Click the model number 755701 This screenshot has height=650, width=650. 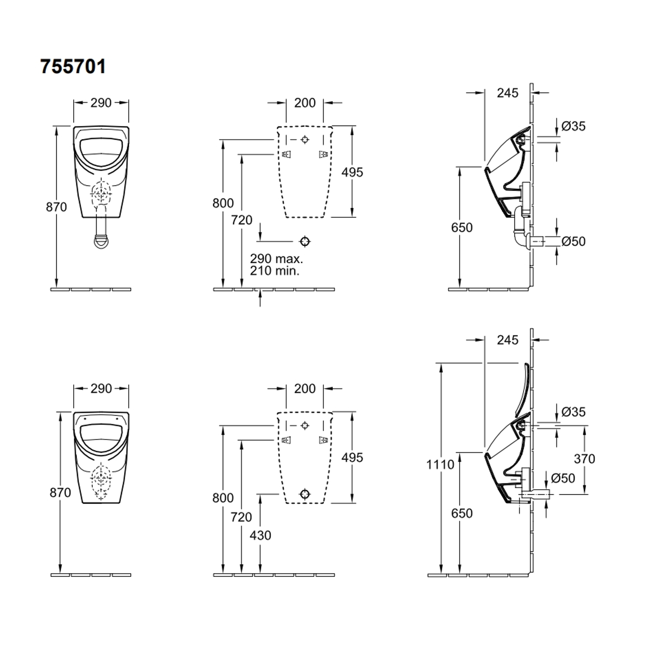(73, 67)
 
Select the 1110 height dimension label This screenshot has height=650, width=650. (440, 465)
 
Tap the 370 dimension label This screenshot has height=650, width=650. (584, 458)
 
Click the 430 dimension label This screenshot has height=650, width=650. (260, 535)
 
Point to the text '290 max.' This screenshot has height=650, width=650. (276, 259)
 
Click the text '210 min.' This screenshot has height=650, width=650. (274, 271)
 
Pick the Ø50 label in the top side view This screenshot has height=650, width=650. (573, 241)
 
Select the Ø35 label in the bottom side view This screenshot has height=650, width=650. (573, 412)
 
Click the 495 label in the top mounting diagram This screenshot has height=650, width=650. (352, 172)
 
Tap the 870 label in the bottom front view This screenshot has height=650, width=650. (60, 493)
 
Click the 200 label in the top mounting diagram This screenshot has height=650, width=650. (305, 103)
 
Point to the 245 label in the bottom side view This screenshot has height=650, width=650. (507, 340)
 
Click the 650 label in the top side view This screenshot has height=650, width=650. (461, 227)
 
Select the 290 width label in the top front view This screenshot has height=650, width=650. (101, 103)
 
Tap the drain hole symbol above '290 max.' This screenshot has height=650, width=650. (305, 241)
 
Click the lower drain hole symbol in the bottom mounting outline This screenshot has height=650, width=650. (305, 494)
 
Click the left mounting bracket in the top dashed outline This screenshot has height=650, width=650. (286, 154)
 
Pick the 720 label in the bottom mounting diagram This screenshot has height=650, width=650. (241, 517)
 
